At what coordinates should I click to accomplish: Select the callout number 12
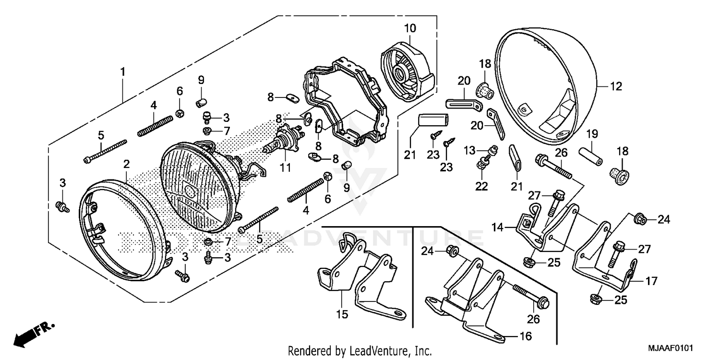[x=616, y=86]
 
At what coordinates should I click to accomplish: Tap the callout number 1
[x=122, y=72]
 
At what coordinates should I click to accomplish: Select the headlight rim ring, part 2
[x=125, y=230]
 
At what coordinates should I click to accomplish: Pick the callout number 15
[x=344, y=315]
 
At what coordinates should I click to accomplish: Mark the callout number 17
[x=651, y=281]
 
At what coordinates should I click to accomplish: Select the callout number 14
[x=497, y=226]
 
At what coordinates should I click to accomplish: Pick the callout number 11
[x=286, y=168]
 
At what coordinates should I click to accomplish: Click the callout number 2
[x=126, y=164]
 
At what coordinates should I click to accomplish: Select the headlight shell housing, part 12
[x=547, y=82]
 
